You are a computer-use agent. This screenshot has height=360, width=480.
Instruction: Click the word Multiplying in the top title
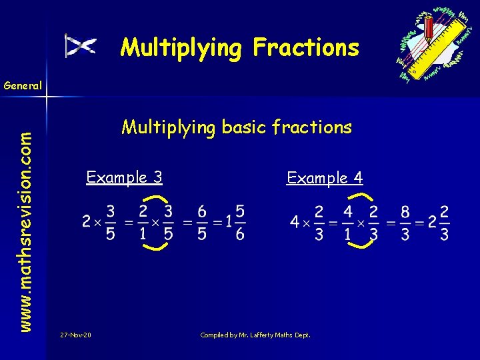(x=181, y=48)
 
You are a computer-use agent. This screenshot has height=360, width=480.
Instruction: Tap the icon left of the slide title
(x=81, y=45)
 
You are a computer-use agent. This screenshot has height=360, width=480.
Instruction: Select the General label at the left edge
(x=22, y=85)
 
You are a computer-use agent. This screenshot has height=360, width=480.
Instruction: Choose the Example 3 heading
(x=125, y=177)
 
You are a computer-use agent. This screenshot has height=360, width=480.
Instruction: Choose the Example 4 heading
(x=325, y=178)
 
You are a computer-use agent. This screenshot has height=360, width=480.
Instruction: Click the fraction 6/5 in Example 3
(x=201, y=222)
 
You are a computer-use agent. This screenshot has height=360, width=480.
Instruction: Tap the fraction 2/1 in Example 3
(x=143, y=222)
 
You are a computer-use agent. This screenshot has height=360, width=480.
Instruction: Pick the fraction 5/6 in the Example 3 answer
(x=240, y=222)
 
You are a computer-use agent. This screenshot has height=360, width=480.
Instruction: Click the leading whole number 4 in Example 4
(x=294, y=223)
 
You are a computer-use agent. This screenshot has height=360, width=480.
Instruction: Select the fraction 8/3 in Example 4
(x=405, y=223)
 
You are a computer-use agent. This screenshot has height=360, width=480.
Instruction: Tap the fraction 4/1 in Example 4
(x=347, y=223)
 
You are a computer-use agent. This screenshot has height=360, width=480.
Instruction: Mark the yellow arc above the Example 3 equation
(x=155, y=198)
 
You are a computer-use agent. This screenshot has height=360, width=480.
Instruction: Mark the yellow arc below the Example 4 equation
(x=359, y=245)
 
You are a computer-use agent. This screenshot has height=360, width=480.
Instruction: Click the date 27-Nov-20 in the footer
(x=75, y=334)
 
